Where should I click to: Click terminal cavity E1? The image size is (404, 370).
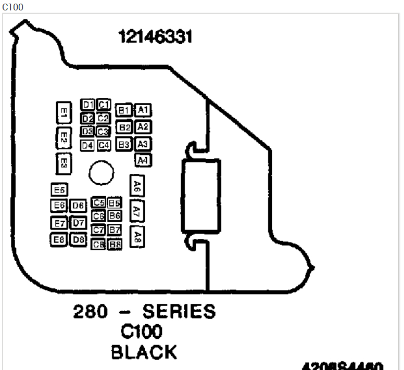pos(63,112)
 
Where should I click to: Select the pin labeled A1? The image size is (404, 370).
pos(143,110)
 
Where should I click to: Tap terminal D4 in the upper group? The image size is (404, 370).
pos(87,145)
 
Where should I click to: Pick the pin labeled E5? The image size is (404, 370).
pos(59,190)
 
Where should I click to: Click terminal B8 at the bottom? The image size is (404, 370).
pos(115,244)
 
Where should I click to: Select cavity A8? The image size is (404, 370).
pos(137,237)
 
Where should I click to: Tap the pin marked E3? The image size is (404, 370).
pos(63,163)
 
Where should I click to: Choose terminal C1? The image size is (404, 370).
pos(103,104)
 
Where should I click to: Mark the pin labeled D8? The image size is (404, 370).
pos(79,240)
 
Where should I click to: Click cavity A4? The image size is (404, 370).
pos(143,160)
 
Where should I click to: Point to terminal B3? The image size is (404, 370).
pos(123,145)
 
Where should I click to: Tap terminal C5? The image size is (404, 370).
pos(98,202)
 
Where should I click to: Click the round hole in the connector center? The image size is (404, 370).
pos(101,173)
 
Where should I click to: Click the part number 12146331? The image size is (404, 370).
pos(155,37)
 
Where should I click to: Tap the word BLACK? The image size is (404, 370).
pos(144,352)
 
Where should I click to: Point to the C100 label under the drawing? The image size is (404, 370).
pos(141,332)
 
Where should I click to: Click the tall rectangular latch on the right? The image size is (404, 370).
pos(201,195)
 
